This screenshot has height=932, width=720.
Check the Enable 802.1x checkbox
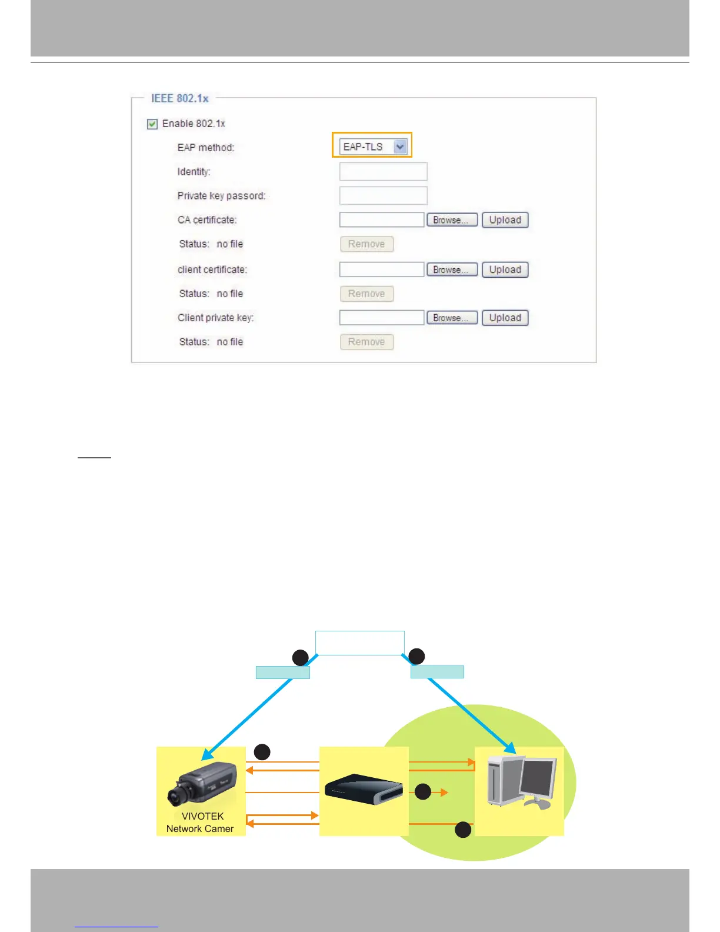pyautogui.click(x=152, y=124)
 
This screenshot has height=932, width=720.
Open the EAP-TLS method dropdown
pyautogui.click(x=400, y=147)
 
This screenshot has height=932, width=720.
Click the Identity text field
pyautogui.click(x=383, y=172)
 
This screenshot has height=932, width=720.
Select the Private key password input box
pyautogui.click(x=383, y=196)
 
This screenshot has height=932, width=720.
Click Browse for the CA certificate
pyautogui.click(x=452, y=220)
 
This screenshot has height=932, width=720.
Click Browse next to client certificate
pyautogui.click(x=452, y=270)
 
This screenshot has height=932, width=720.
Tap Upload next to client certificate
pyautogui.click(x=505, y=270)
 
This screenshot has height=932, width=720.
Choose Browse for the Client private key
pyautogui.click(x=452, y=318)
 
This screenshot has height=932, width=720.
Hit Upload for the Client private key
pyautogui.click(x=505, y=318)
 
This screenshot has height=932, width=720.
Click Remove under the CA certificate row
pyautogui.click(x=366, y=244)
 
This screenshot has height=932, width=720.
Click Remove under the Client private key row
pyautogui.click(x=366, y=342)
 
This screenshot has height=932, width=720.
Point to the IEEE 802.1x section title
pyautogui.click(x=179, y=98)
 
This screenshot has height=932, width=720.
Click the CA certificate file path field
pyautogui.click(x=382, y=220)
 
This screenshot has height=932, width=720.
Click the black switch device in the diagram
pyautogui.click(x=364, y=789)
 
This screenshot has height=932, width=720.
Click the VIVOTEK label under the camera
pyautogui.click(x=202, y=816)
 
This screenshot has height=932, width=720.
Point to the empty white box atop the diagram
pyautogui.click(x=359, y=643)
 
